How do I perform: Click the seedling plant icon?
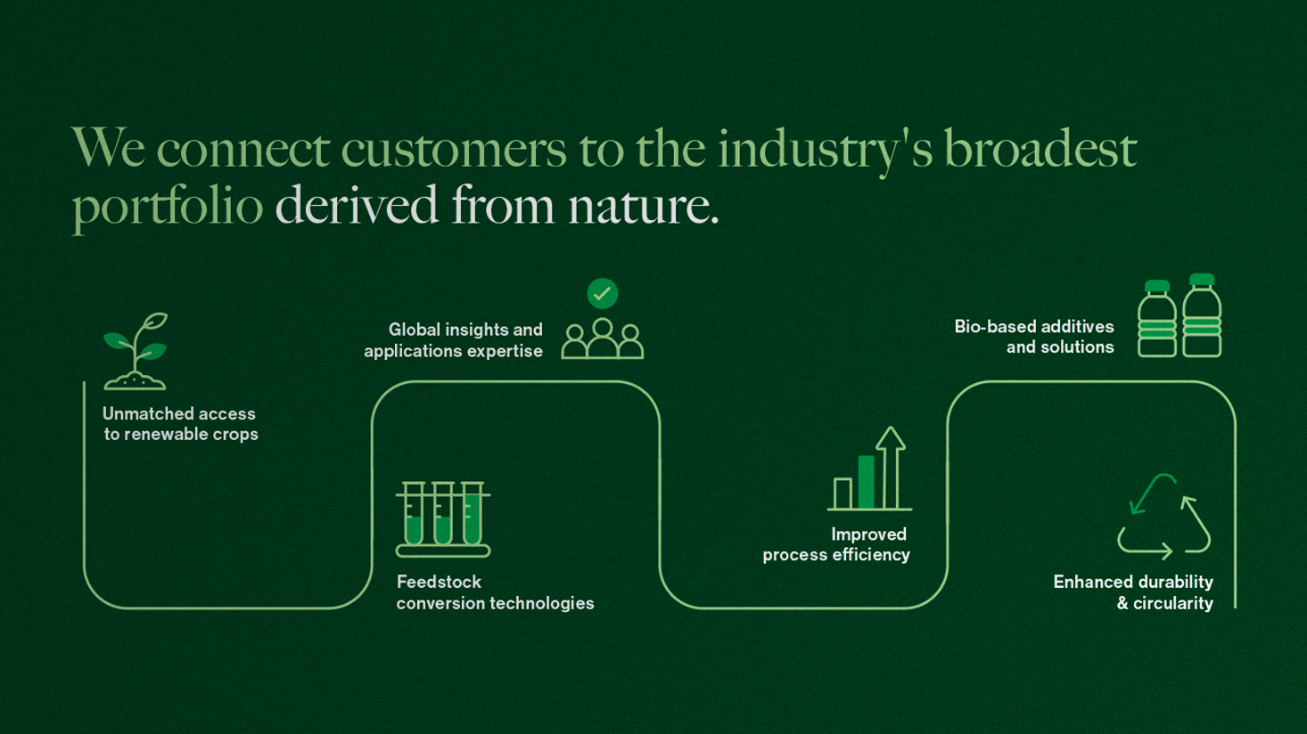click(x=136, y=351)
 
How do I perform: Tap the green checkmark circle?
click(x=603, y=293)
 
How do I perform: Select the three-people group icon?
click(x=603, y=339)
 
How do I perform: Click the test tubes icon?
click(x=443, y=519)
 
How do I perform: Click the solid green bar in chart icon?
click(x=866, y=482)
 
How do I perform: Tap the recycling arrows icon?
click(x=1163, y=517)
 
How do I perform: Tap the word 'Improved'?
click(x=868, y=534)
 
